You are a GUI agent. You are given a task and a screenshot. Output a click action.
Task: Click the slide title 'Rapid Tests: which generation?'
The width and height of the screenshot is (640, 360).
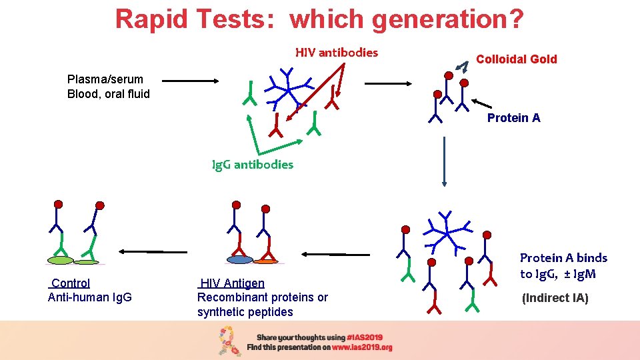pos(319,19)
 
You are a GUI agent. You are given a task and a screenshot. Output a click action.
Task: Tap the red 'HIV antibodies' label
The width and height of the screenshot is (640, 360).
pos(337,52)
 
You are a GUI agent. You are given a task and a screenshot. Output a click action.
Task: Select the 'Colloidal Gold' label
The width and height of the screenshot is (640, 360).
pos(516,59)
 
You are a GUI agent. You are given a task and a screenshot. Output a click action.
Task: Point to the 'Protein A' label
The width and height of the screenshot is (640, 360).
pos(513,118)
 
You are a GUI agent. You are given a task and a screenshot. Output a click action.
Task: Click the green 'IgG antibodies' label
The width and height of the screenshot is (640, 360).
pos(252,164)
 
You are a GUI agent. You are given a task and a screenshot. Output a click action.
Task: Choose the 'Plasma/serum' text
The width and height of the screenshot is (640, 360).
pos(105,79)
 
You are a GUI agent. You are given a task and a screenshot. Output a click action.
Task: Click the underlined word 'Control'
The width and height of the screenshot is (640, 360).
pos(70,283)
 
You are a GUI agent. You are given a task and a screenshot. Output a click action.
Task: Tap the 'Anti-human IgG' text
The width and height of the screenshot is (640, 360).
pos(90,297)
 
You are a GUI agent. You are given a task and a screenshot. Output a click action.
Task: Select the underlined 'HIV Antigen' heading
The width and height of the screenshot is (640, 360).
pos(232,283)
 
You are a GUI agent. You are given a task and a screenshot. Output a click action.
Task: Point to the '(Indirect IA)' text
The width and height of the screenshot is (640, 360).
pos(555,298)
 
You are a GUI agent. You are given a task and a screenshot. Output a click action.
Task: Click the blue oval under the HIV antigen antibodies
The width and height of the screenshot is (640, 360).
pos(239,259)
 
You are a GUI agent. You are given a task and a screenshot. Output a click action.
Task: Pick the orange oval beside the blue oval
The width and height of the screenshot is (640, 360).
pos(265,260)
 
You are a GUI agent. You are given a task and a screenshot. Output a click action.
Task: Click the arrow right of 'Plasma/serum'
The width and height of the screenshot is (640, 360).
pos(191,81)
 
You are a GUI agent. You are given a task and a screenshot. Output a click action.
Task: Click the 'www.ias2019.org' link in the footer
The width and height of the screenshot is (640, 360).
pos(362,347)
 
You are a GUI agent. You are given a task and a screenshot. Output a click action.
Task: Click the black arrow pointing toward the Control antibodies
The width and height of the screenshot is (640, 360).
pos(141,251)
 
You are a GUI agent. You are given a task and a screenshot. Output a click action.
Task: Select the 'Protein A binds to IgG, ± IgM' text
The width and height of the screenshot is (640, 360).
pos(563,265)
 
